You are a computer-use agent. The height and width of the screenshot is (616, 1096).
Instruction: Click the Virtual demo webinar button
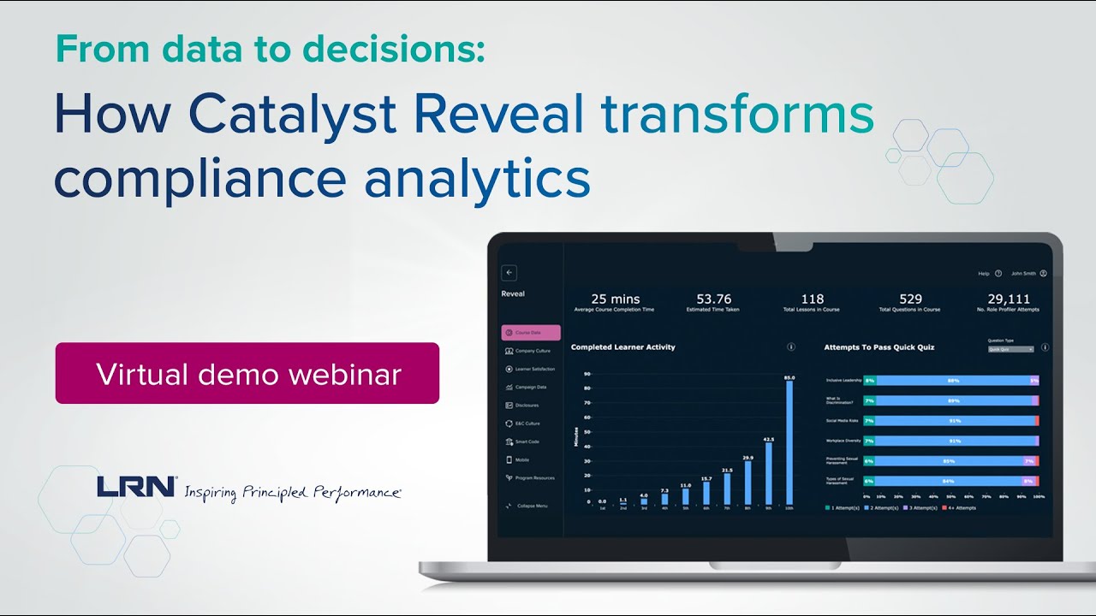247,374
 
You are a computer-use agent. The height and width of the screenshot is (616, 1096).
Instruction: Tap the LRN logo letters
136,487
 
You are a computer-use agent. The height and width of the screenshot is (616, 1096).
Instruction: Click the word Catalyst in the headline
292,115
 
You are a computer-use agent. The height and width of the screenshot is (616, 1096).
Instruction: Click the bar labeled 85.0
789,442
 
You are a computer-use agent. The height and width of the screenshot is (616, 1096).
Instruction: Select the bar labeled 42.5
768,472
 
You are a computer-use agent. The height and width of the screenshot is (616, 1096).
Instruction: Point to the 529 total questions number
910,299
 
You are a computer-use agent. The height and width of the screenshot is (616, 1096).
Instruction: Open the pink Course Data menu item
531,332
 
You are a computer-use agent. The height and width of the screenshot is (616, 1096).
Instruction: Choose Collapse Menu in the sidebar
531,506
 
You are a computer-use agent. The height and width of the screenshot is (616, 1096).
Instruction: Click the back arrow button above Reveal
509,273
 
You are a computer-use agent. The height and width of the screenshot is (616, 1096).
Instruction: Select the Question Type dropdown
1011,349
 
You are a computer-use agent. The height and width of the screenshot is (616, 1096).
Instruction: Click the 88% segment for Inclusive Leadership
952,380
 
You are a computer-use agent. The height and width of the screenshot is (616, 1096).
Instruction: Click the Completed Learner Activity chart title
622,347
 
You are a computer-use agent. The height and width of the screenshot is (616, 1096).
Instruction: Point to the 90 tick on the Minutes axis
587,374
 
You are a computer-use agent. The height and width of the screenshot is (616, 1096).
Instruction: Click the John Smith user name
1023,274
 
